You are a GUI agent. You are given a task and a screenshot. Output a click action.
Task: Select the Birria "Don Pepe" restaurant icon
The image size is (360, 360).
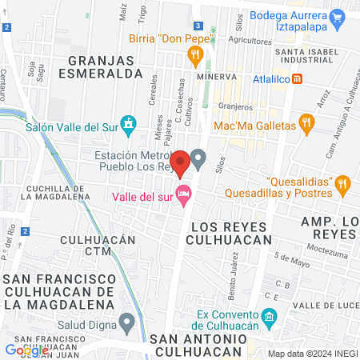coord(194,54)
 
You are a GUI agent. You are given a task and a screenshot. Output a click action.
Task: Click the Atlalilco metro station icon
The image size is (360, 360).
coord(298,78)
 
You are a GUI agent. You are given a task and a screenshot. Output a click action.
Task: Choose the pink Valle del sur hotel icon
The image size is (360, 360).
coord(184,192)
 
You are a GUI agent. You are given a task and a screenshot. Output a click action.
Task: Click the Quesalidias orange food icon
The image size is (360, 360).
coord(342,183)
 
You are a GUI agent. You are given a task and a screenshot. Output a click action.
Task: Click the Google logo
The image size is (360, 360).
coord(26,350)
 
